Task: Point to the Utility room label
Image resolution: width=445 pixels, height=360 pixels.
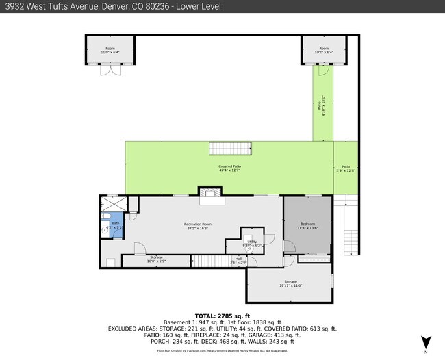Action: click(252, 243)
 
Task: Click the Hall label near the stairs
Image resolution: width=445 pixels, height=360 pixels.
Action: click(238, 259)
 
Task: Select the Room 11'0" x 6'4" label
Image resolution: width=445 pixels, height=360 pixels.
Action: click(110, 51)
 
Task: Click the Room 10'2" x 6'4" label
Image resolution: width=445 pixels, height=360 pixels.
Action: click(323, 51)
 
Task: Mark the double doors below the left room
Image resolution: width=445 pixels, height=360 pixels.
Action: click(110, 70)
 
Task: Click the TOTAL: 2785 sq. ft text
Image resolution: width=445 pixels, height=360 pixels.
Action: click(222, 314)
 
